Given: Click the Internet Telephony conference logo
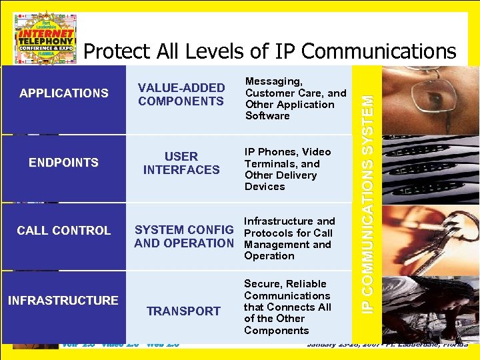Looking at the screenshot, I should pyautogui.click(x=45, y=37).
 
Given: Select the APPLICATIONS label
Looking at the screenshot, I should pyautogui.click(x=64, y=93).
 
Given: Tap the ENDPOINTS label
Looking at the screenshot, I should pyautogui.click(x=64, y=162).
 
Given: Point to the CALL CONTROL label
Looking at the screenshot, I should pyautogui.click(x=64, y=231).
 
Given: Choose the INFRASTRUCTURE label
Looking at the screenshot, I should pyautogui.click(x=63, y=300).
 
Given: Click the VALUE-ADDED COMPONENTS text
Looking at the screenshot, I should pyautogui.click(x=181, y=95).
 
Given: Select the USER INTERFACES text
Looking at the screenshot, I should pyautogui.click(x=181, y=163).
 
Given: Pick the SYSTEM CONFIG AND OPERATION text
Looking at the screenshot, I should pyautogui.click(x=184, y=237).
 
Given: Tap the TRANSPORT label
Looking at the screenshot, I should pyautogui.click(x=183, y=311).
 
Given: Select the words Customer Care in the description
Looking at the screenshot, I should pyautogui.click(x=285, y=93).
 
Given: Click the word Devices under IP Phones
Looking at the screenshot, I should pyautogui.click(x=265, y=187).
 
